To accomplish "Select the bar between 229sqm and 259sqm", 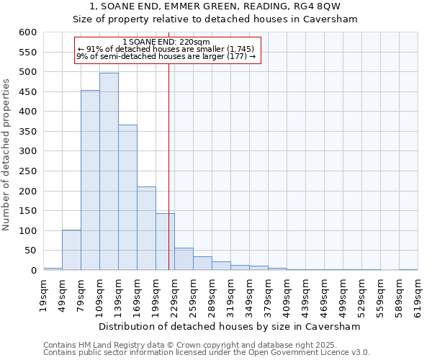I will (184, 259).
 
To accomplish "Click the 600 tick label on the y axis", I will (27, 32).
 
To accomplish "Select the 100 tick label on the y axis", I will (27, 231).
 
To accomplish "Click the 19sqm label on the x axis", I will (43, 292).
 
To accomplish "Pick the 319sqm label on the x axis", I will (230, 292).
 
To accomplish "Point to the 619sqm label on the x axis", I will (418, 292).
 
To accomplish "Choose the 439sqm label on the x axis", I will (305, 292).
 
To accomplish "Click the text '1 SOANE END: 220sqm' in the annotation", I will (166, 42).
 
